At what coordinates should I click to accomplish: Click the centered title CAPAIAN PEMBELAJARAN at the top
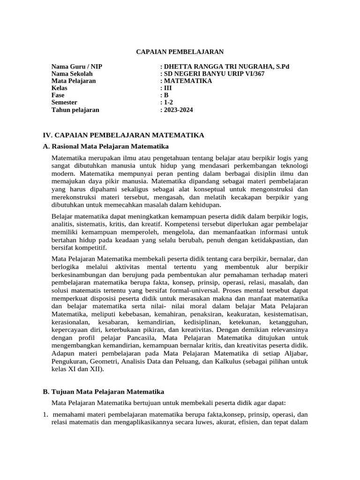[180, 52]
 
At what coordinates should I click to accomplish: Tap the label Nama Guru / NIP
[76, 67]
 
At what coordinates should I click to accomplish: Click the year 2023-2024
[178, 110]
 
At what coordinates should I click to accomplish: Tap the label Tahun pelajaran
[75, 110]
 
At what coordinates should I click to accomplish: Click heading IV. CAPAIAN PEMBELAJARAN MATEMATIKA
[123, 135]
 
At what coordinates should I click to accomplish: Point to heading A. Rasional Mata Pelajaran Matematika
[105, 146]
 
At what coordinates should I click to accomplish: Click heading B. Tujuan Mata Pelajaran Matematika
[103, 391]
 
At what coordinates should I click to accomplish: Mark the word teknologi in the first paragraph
[292, 166]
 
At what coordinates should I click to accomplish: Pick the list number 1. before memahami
[45, 415]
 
